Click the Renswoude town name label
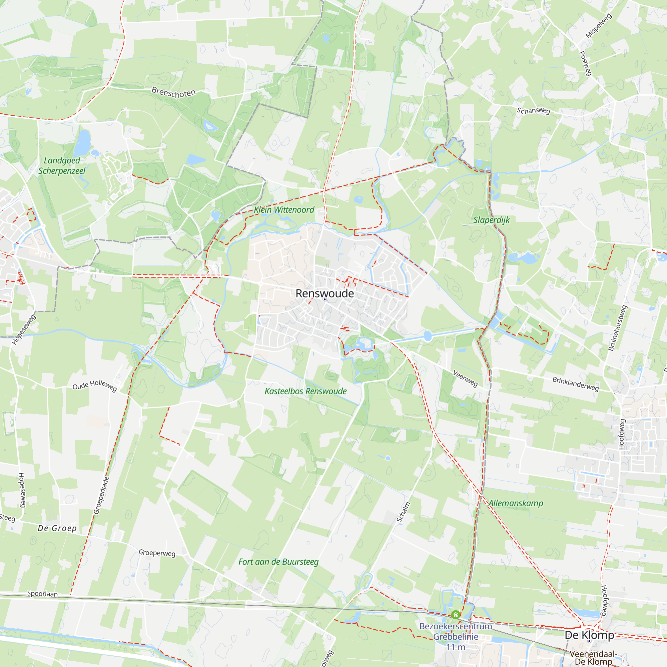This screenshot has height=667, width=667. coord(324,293)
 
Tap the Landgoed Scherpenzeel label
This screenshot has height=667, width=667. coord(62,166)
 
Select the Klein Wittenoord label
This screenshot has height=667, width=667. coord(284,209)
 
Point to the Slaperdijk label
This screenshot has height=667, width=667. coord(491,220)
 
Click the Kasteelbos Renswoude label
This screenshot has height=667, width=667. coord(305,391)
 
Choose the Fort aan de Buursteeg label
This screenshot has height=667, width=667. coord(278,562)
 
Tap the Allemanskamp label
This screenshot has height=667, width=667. coord(516,503)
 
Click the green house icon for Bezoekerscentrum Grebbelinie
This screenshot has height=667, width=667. coord(455,615)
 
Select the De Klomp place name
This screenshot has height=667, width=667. coord(589,635)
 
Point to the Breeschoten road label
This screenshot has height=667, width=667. coord(174,92)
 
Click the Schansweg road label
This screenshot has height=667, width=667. coord(533,110)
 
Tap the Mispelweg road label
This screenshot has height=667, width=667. coord(599,26)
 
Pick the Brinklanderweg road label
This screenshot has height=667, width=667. coord(576,384)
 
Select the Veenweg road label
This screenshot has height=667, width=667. coord(465,379)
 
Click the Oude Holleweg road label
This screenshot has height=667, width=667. coord(95,385)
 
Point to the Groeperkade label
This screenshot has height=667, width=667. coord(101,496)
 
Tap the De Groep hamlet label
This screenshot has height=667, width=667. coord(57,529)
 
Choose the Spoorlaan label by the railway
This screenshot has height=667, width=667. coord(42,594)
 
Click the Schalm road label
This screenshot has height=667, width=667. coord(403,512)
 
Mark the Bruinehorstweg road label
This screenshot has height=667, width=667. coord(617,328)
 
